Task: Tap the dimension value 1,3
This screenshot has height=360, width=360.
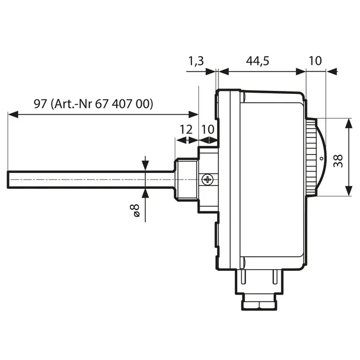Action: [197, 60]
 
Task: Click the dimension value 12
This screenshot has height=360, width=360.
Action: [186, 129]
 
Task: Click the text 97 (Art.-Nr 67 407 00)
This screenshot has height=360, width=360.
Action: [93, 104]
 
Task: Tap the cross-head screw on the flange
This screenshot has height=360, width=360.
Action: [208, 179]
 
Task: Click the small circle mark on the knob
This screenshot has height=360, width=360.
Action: [321, 158]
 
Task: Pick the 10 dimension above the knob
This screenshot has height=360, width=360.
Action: [316, 60]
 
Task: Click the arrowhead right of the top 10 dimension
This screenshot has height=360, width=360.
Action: [332, 72]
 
